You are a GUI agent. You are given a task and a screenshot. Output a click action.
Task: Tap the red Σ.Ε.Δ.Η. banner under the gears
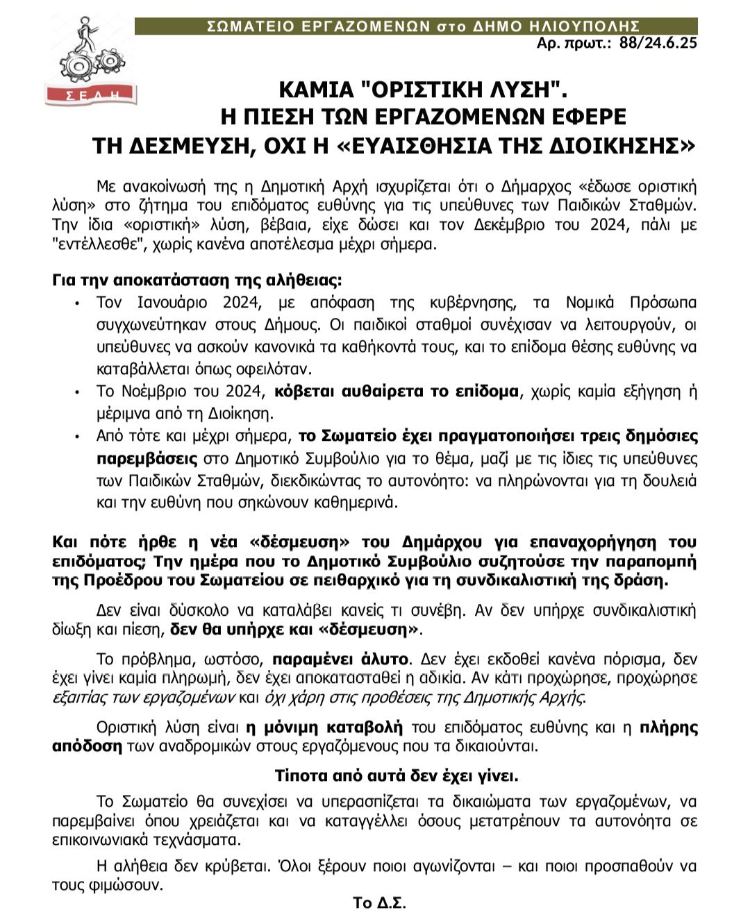click(91, 94)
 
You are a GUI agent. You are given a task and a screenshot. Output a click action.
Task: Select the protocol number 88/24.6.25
click(658, 43)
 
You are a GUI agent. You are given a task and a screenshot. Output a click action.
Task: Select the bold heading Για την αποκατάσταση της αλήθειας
click(197, 280)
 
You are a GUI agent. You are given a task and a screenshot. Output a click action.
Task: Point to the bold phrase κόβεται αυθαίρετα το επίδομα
click(397, 392)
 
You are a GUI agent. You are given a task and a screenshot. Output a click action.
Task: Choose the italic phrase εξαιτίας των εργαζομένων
click(144, 697)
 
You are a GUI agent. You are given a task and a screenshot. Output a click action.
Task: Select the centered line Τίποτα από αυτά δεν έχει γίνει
click(397, 775)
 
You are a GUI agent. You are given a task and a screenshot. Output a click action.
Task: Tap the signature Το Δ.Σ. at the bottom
click(378, 903)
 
